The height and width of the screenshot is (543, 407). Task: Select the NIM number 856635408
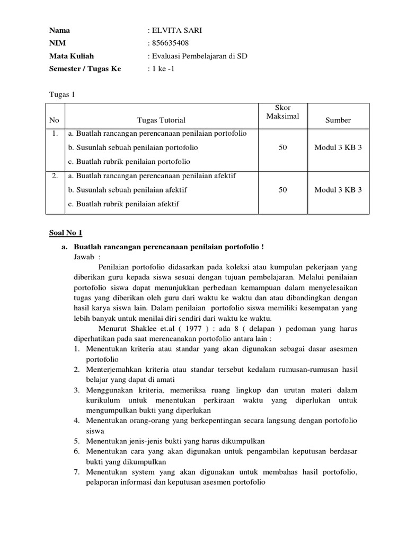(x=170, y=43)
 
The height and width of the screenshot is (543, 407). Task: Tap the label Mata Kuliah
(x=72, y=56)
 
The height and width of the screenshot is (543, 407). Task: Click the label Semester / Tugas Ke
(x=85, y=68)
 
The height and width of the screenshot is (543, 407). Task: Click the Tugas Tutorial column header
(x=161, y=120)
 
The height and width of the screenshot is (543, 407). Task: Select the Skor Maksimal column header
(x=282, y=112)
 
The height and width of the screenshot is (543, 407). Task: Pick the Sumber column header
(x=338, y=120)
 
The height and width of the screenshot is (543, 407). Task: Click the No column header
(x=54, y=120)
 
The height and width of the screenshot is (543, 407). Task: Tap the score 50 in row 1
(x=282, y=147)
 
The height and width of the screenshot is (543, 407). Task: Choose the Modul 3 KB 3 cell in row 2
(x=338, y=189)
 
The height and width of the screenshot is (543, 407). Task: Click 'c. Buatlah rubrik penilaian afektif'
(x=123, y=204)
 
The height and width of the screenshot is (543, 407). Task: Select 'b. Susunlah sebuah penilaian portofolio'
(x=132, y=147)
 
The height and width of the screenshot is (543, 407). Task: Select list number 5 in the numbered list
(x=76, y=441)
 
